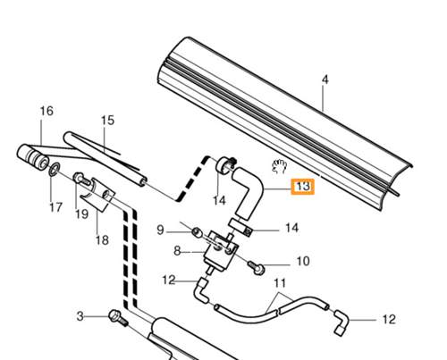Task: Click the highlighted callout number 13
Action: tap(303, 187)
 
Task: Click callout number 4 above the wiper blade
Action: tap(325, 80)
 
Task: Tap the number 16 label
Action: tap(46, 111)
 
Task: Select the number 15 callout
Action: tap(107, 121)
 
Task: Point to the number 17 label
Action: tap(55, 207)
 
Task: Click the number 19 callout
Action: tap(81, 213)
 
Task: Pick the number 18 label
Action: tap(102, 240)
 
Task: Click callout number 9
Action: tap(160, 230)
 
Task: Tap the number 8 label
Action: tap(177, 251)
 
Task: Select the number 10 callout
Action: tap(303, 261)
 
